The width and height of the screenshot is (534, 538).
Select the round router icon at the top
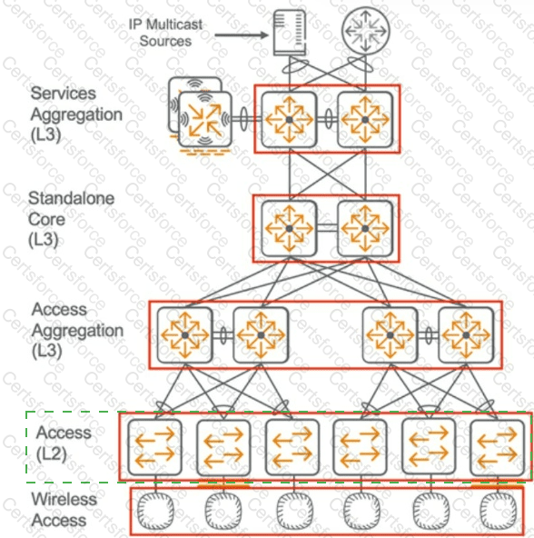point(362,34)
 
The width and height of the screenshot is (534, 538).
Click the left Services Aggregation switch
point(290,118)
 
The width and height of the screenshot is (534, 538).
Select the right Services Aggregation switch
point(365,118)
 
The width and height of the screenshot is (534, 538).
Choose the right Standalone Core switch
point(365,227)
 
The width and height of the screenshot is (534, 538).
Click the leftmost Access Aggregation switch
point(184,334)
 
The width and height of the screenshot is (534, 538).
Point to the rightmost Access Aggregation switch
point(465,334)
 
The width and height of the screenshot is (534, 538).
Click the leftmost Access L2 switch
point(154,445)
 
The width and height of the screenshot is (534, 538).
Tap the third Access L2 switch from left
point(291,445)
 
